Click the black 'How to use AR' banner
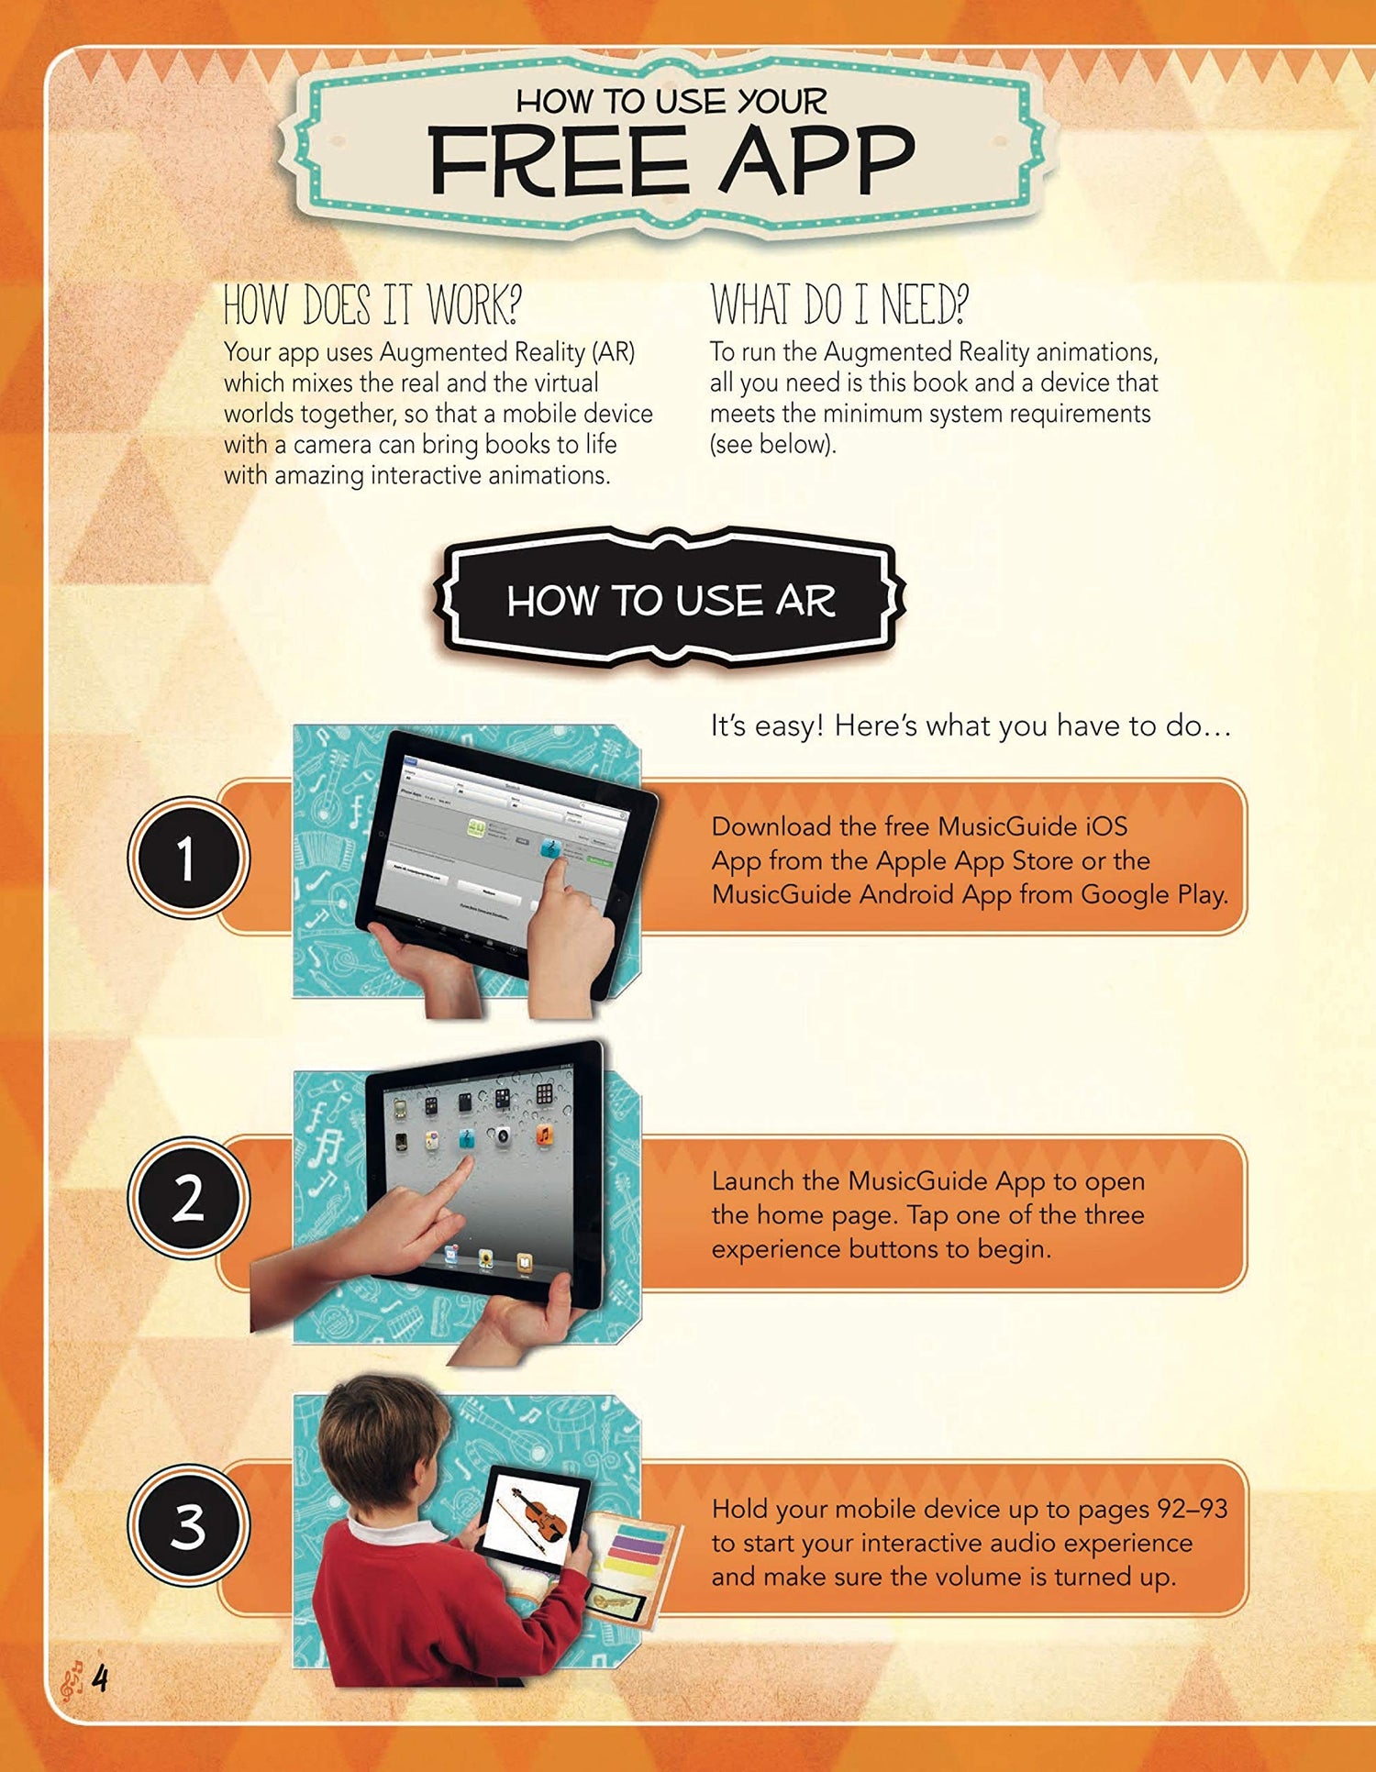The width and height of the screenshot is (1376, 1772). point(670,600)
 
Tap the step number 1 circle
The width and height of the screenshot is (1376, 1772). point(188,858)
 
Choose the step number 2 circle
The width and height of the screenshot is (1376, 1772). point(188,1198)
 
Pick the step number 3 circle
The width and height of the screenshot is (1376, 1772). point(188,1525)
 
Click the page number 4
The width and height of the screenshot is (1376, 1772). point(99,1678)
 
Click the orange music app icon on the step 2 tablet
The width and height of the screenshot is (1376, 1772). point(544,1135)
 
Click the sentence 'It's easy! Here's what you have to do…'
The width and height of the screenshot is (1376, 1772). point(971,726)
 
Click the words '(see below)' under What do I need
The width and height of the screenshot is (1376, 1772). point(772,445)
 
